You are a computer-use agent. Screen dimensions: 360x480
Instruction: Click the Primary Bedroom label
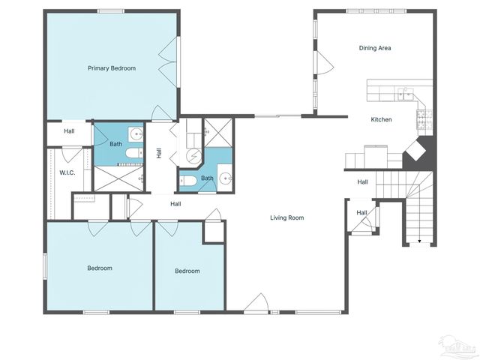112,68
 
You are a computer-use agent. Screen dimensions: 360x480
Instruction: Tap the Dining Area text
374,48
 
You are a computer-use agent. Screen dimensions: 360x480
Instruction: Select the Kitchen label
381,119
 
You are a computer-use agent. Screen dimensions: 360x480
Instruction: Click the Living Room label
287,218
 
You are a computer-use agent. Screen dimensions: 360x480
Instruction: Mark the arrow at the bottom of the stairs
419,241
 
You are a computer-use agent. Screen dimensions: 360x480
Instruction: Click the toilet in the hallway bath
187,181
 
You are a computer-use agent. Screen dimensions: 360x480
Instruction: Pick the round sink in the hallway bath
225,178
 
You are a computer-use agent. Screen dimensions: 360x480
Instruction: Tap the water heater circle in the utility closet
193,156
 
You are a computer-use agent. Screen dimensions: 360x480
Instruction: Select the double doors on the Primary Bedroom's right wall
172,67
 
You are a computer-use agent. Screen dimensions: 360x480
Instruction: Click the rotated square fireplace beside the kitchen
417,153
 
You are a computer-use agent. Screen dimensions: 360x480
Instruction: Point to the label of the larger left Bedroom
99,268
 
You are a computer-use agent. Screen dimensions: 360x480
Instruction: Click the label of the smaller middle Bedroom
187,271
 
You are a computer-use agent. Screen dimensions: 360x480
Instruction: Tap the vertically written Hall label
159,153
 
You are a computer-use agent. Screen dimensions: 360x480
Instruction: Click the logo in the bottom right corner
458,346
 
